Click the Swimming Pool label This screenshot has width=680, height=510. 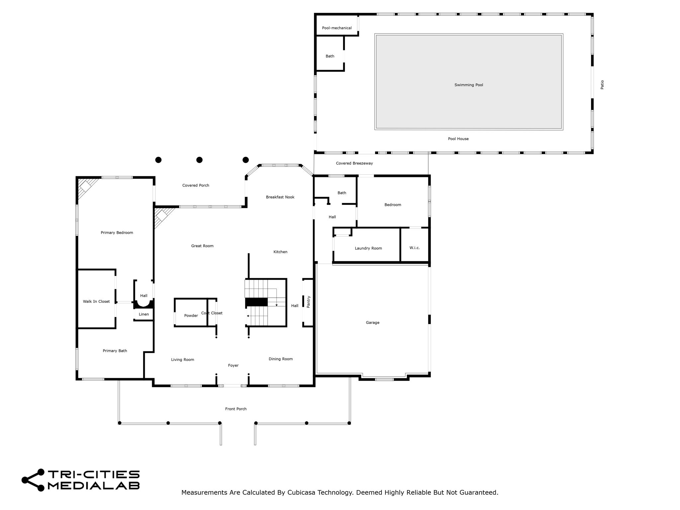tap(468, 85)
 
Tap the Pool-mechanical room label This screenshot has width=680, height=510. tap(337, 28)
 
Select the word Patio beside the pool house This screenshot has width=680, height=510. tap(602, 85)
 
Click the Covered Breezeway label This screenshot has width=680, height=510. tap(354, 163)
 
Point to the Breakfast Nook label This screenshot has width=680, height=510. tap(280, 197)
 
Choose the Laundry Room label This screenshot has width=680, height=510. tap(368, 248)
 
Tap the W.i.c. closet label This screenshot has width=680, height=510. tap(414, 248)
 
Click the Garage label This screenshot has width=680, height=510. tap(373, 322)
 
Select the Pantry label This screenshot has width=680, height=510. tap(308, 302)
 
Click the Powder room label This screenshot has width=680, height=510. tap(191, 315)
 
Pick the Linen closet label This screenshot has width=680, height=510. tap(144, 314)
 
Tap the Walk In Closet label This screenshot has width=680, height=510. tap(96, 301)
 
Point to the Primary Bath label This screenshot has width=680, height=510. tap(115, 351)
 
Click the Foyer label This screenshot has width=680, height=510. tap(233, 365)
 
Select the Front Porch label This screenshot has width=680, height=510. tap(236, 409)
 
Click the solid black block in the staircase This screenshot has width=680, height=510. tap(256, 302)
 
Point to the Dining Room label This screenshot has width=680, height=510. tap(281, 359)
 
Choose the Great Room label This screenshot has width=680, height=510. tap(202, 246)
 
